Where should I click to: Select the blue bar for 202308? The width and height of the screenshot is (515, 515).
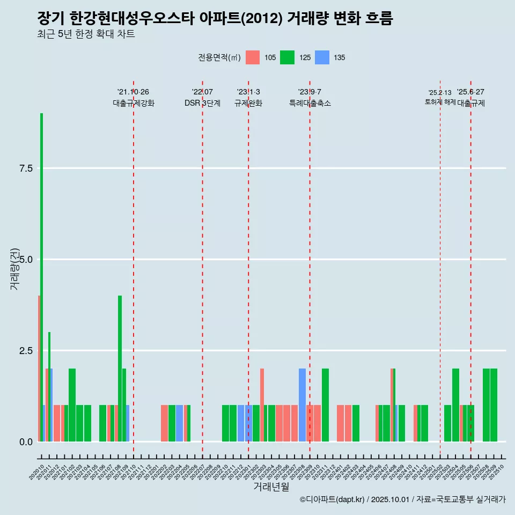(x=302, y=405)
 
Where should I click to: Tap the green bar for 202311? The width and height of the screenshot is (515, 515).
(x=325, y=405)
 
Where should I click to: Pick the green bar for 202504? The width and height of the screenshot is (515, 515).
(x=455, y=405)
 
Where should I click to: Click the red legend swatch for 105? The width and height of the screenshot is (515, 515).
(x=253, y=57)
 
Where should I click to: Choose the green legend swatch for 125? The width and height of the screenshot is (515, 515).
(x=287, y=57)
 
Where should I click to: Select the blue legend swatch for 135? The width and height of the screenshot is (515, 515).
(x=322, y=57)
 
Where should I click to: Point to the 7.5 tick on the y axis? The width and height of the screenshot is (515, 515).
(x=26, y=168)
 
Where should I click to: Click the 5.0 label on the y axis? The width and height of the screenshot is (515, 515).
(x=26, y=260)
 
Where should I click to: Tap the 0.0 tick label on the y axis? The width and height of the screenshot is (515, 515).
(x=26, y=442)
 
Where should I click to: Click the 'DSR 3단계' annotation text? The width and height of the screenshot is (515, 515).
(x=202, y=104)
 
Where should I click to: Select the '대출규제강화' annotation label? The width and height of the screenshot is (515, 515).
(x=134, y=104)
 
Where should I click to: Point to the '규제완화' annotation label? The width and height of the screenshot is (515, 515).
(x=248, y=104)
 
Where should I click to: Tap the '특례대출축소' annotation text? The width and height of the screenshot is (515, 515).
(x=310, y=104)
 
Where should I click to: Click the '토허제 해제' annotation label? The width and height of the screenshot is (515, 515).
(x=440, y=102)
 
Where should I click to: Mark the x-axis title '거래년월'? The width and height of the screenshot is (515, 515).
(x=271, y=487)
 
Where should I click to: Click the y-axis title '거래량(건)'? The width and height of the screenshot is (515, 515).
(x=15, y=269)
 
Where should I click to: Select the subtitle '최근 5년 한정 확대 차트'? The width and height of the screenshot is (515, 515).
(x=86, y=34)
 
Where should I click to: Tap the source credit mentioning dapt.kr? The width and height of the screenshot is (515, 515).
(x=402, y=500)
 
